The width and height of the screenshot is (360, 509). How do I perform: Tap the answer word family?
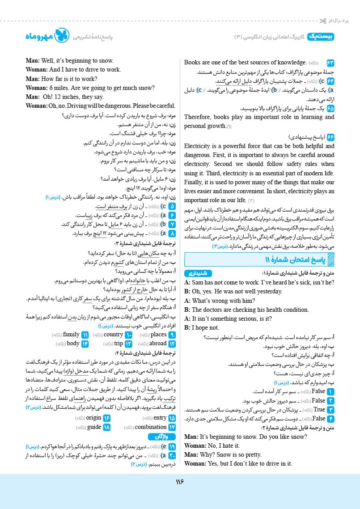click(71, 335)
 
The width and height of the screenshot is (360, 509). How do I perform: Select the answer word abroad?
click(158, 344)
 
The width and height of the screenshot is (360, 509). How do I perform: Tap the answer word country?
click(113, 335)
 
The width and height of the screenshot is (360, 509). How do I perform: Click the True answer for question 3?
click(319, 409)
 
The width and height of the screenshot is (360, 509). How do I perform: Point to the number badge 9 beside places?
click(172, 335)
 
